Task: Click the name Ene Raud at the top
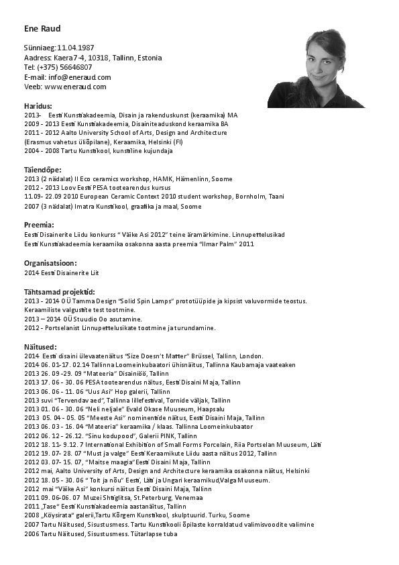[42, 29]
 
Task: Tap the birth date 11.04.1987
[75, 48]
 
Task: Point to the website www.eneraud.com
[75, 87]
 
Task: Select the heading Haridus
[38, 106]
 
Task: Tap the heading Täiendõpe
[43, 170]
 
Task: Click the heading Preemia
[39, 225]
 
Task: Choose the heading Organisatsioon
[50, 263]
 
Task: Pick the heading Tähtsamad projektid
[59, 292]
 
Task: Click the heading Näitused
[41, 346]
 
